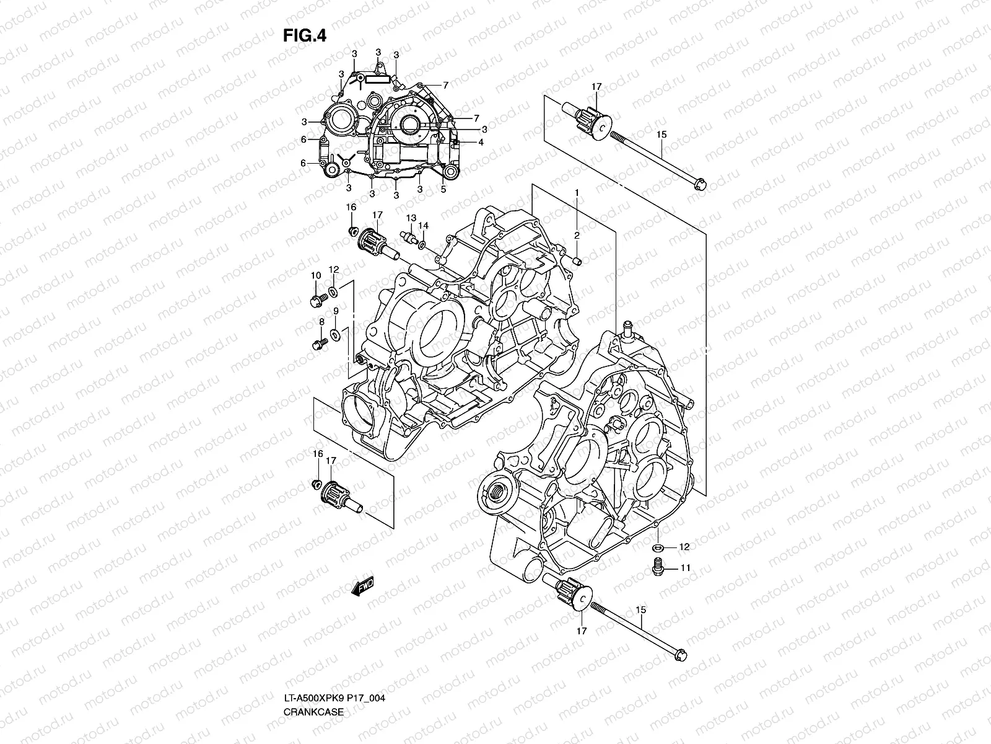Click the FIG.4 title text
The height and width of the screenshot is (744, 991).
click(x=304, y=36)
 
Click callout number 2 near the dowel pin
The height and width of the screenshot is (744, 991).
click(x=576, y=235)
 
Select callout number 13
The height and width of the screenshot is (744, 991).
click(x=411, y=218)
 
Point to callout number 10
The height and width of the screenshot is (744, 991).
click(x=315, y=275)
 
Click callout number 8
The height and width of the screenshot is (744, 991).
click(x=321, y=321)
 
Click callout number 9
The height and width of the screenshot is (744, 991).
click(x=335, y=311)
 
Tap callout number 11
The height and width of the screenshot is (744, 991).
click(x=686, y=567)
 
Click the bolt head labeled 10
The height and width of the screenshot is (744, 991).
click(x=315, y=301)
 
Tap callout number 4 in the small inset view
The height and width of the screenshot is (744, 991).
click(x=480, y=142)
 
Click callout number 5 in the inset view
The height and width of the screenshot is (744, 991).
click(x=443, y=190)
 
